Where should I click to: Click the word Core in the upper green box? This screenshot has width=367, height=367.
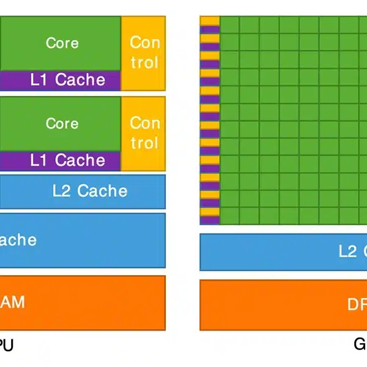[x=62, y=43]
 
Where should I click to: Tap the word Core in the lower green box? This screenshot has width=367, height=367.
[x=62, y=123]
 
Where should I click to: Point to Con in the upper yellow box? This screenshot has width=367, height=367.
[x=144, y=43]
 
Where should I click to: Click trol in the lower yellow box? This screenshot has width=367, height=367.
[x=144, y=143]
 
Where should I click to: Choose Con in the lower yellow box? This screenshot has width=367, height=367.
[x=144, y=123]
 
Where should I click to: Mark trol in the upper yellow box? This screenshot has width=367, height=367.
[x=144, y=62]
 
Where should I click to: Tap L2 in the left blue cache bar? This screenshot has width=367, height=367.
[x=62, y=191]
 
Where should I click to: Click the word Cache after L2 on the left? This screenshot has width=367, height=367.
[x=102, y=191]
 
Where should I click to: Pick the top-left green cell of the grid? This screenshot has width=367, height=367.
[x=229, y=24]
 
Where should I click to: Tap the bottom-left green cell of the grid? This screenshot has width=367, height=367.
[x=229, y=216]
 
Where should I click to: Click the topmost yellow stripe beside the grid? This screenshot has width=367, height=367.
[x=209, y=21]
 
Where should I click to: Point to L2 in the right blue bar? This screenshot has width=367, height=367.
[x=348, y=251]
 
